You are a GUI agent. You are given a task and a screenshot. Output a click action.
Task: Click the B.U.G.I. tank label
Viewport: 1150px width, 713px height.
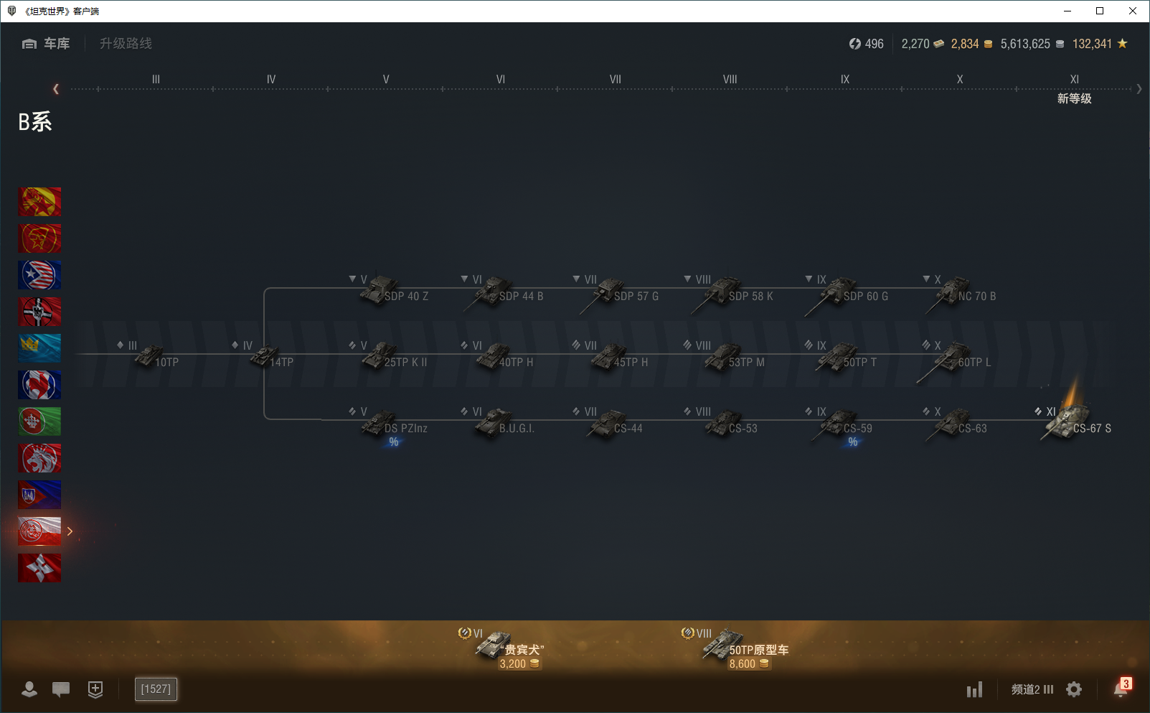(517, 429)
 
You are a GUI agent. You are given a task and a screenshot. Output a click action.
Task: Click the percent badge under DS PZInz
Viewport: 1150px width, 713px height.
(393, 442)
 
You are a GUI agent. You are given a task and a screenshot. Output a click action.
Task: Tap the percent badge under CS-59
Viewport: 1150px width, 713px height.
(852, 442)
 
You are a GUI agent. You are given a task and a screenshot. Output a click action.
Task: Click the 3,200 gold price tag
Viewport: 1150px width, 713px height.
(519, 664)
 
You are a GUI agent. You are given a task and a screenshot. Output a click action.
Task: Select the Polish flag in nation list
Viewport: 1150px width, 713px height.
(39, 531)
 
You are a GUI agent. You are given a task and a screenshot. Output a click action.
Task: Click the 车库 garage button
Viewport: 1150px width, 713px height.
(47, 44)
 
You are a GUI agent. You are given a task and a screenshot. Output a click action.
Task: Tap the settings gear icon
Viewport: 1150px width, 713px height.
(1074, 689)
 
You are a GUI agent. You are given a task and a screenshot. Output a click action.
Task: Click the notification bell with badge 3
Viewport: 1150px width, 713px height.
(1121, 689)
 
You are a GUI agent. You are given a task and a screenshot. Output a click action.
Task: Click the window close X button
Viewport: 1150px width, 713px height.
(1133, 11)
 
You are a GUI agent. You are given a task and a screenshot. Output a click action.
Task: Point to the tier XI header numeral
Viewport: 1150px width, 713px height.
(1074, 80)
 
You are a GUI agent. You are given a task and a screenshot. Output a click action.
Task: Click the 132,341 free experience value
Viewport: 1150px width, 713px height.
(1092, 44)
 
